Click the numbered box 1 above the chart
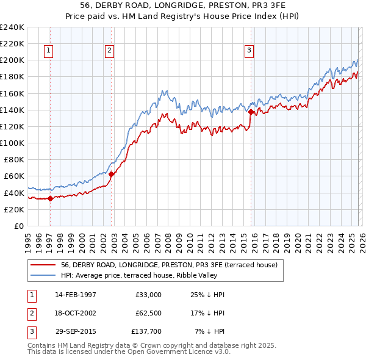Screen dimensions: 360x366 click(48, 51)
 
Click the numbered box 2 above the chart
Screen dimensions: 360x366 click(109, 51)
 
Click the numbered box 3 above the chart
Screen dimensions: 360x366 click(249, 51)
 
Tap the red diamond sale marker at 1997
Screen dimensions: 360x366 click(50, 198)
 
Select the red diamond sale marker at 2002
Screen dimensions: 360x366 click(112, 173)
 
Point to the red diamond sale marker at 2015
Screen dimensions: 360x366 click(251, 112)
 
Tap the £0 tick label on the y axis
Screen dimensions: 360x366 click(18, 226)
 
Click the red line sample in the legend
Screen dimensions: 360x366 click(44, 265)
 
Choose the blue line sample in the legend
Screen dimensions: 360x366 click(44, 275)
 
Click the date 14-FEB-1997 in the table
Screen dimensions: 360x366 click(75, 295)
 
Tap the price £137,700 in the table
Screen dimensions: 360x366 click(146, 331)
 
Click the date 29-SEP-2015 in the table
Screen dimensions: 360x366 click(75, 331)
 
